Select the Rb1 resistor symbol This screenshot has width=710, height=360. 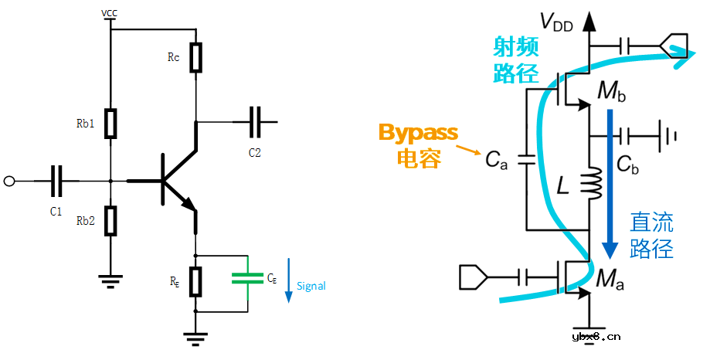click(111, 123)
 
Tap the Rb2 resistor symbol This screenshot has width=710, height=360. click(111, 220)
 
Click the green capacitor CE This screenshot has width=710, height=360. click(247, 277)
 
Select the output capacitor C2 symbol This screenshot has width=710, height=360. click(256, 121)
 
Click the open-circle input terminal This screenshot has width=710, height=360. click(9, 182)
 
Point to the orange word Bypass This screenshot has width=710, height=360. click(418, 132)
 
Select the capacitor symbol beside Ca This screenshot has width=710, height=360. click(527, 160)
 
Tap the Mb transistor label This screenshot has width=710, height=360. click(611, 93)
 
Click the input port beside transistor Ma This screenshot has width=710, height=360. click(473, 276)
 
